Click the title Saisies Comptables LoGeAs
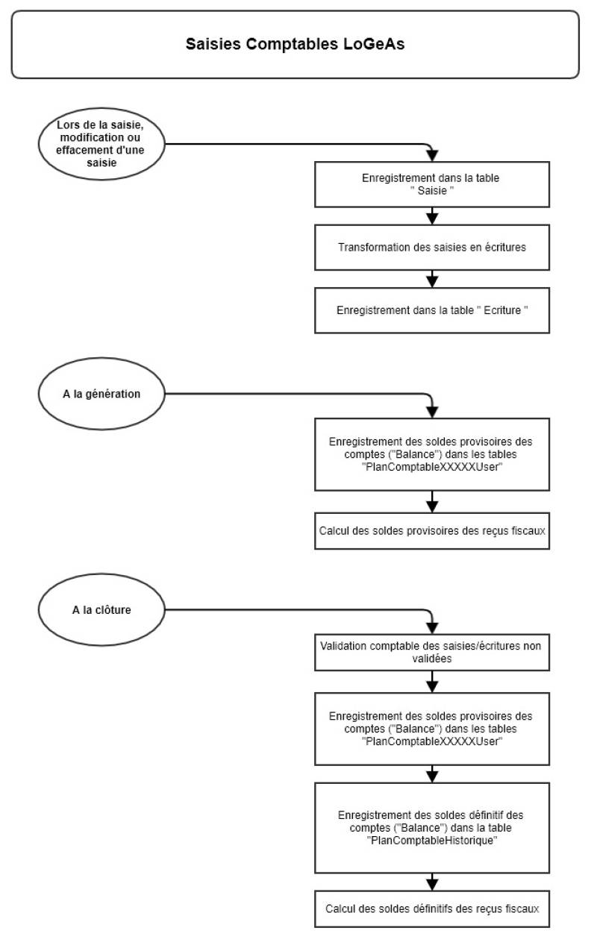click(295, 44)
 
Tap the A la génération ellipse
click(101, 394)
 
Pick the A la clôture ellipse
click(101, 609)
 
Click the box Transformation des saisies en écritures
click(432, 247)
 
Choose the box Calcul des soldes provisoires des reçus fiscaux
click(432, 531)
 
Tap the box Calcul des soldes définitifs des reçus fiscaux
click(432, 909)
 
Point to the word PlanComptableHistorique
click(432, 840)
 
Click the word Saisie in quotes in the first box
click(432, 192)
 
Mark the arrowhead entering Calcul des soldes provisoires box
click(432, 507)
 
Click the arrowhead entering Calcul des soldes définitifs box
click(432, 885)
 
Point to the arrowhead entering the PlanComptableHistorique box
click(432, 776)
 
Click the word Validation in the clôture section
click(344, 647)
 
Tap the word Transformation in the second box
click(371, 247)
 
